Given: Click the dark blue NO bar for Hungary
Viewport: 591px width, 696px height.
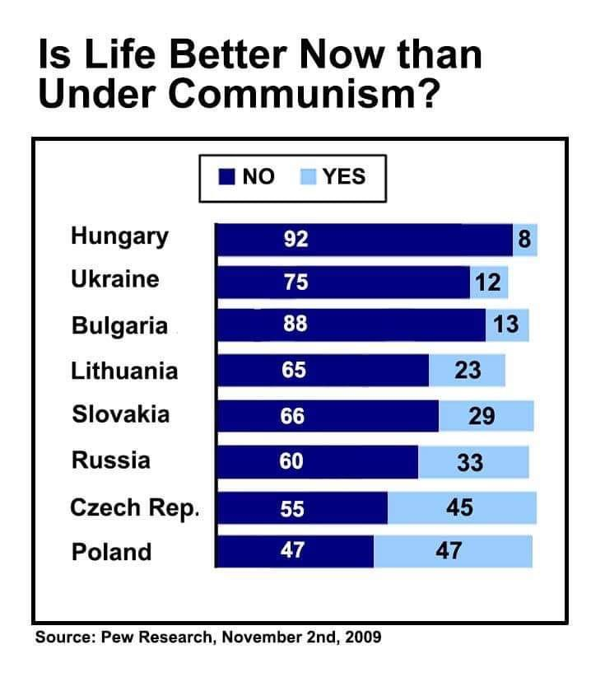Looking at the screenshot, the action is (364, 240).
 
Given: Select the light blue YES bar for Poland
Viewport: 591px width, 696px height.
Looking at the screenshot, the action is (453, 551).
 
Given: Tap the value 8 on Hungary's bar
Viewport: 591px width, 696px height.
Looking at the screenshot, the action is (524, 239).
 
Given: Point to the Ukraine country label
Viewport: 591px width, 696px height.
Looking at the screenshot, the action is (115, 279).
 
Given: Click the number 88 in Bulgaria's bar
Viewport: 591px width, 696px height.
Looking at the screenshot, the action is (295, 324).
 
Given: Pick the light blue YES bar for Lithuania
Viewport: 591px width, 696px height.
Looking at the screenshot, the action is (467, 370).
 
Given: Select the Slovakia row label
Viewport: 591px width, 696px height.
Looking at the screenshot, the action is (121, 414).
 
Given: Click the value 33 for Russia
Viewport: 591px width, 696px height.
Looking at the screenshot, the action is (470, 462).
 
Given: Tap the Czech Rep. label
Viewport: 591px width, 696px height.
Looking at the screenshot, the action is (135, 508).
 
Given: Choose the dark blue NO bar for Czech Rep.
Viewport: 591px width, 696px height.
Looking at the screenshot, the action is (302, 508).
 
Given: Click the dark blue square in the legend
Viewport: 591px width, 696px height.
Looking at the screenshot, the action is (226, 176).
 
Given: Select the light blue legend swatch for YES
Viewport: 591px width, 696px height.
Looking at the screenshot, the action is (308, 176).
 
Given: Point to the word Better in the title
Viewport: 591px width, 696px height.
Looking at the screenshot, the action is (228, 54).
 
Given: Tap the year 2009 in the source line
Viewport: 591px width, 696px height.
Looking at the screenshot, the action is (363, 637).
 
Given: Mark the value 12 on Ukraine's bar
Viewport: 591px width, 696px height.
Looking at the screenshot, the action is (488, 283).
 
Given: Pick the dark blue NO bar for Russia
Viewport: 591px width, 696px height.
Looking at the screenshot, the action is (317, 462).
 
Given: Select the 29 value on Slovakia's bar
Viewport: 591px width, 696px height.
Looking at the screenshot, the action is (482, 416).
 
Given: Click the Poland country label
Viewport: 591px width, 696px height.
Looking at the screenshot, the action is (111, 552).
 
